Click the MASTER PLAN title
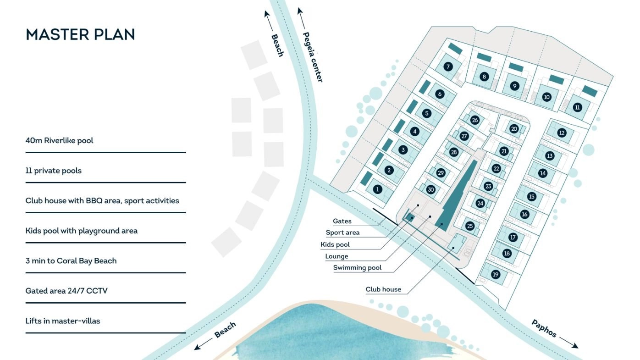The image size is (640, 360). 80,34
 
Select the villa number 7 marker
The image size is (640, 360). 448,66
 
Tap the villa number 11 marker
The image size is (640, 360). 577,107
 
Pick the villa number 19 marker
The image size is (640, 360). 495,275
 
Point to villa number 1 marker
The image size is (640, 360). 378,189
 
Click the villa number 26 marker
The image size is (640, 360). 475,120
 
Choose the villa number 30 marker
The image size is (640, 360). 430,189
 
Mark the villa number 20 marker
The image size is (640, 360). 514,129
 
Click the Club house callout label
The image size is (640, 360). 383,289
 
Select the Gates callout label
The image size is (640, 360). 342,221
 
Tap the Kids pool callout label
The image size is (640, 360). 335,244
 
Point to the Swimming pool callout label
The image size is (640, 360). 357,268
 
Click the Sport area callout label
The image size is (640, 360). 342,233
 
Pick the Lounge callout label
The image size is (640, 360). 337,256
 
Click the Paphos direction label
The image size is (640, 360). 544,328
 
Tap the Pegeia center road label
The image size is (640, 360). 313,57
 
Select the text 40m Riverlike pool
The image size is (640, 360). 59,140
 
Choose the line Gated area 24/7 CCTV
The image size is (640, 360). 66,291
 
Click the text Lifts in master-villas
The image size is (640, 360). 63,321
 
